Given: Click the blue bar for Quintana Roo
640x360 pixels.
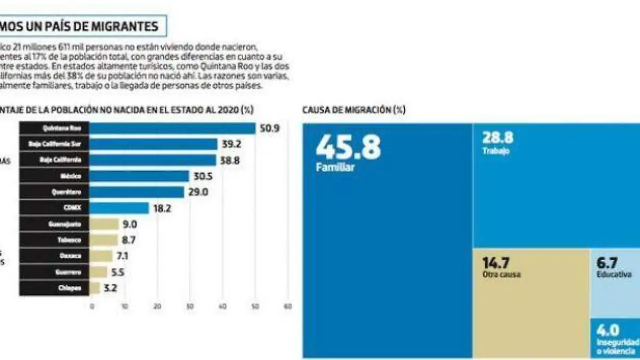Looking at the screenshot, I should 172,129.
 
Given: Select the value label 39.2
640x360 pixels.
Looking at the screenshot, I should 231,145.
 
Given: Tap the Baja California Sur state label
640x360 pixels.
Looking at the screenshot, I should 55,145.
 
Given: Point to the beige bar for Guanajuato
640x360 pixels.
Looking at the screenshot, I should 104,225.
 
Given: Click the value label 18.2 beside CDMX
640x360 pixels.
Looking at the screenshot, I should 162,209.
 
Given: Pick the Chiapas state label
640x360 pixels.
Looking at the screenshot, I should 55,289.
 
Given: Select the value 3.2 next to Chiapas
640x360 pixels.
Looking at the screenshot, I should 111,289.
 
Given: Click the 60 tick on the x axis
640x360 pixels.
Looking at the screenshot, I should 289,306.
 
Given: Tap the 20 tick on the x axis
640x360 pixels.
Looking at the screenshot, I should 157,306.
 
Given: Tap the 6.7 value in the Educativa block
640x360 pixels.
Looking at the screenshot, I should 607,263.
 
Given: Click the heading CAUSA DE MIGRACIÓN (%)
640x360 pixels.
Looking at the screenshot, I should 354,110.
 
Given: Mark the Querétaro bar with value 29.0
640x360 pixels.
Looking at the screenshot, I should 137,193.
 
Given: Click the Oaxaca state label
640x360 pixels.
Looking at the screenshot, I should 55,257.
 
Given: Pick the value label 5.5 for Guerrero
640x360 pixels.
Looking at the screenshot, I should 119,273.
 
